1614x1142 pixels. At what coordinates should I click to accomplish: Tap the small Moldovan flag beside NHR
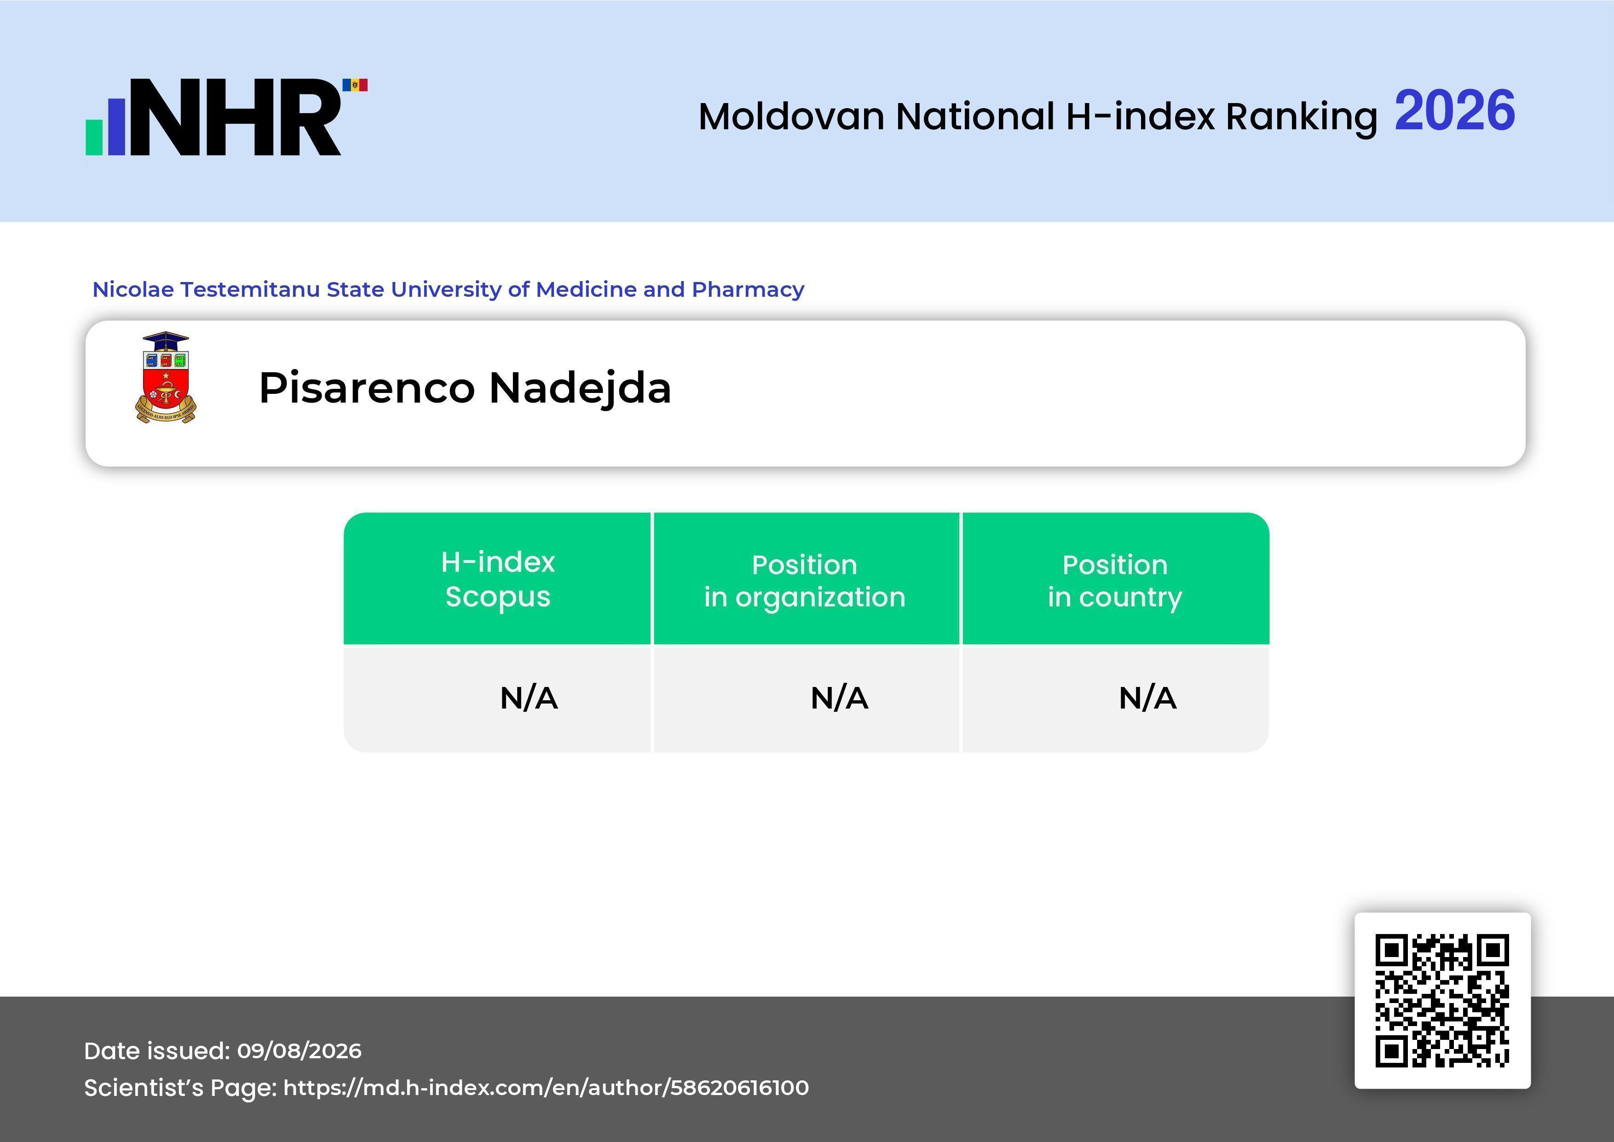355,85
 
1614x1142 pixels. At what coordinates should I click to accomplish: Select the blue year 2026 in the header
1454,110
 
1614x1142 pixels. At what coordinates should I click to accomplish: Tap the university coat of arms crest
166,378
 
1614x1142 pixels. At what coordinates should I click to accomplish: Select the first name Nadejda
580,389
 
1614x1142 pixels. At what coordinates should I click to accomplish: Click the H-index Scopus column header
498,579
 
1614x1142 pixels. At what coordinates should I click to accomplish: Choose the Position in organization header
805,581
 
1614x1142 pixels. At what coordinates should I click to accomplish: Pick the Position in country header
1115,581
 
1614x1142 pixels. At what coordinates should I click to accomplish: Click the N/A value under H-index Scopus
529,698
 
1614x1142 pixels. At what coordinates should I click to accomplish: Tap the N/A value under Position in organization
839,698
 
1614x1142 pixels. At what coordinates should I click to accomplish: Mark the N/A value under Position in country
1147,698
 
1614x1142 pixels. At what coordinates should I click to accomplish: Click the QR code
1442,1001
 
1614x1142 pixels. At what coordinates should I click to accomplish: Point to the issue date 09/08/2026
300,1050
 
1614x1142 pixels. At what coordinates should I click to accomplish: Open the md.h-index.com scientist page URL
546,1088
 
